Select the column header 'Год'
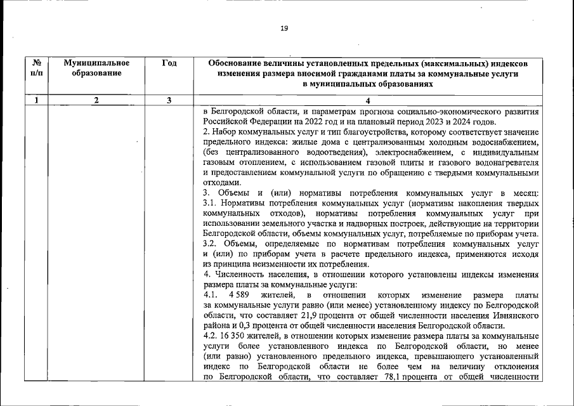169,63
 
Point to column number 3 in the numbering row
169,100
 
